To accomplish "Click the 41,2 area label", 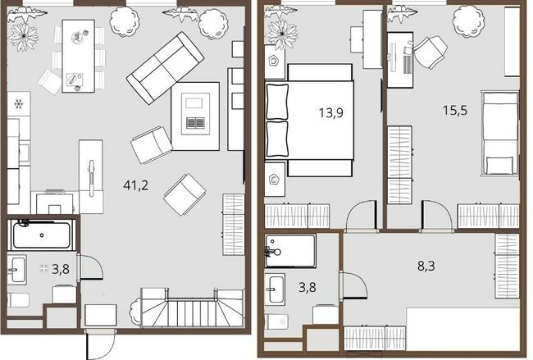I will [x=136, y=185].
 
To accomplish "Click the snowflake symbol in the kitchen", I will [x=18, y=104].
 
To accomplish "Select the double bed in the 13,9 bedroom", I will [x=310, y=121].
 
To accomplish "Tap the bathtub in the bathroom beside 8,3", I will [x=291, y=248].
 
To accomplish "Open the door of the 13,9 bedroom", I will [x=358, y=218].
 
